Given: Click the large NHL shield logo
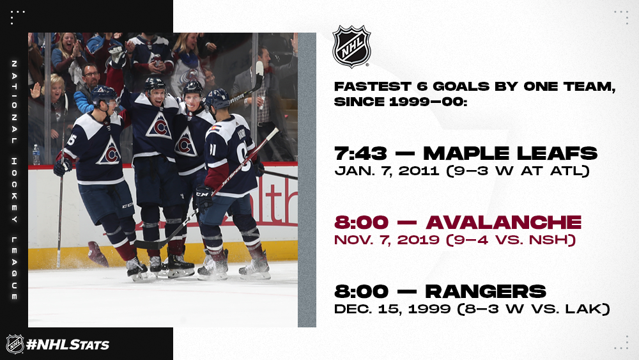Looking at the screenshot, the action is [x=351, y=46].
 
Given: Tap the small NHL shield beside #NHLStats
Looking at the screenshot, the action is [x=15, y=343].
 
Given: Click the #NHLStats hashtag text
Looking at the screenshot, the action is [x=68, y=345].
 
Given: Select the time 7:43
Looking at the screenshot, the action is [x=360, y=153].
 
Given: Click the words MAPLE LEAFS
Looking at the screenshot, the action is [x=510, y=153].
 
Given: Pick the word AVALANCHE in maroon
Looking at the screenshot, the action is [x=504, y=223].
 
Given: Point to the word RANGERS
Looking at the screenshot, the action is [x=486, y=292].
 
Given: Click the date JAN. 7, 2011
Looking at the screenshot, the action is [x=387, y=171].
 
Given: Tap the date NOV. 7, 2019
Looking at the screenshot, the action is [x=387, y=240].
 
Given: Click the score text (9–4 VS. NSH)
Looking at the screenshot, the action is [x=511, y=240].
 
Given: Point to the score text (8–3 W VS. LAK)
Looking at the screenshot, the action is [x=534, y=309].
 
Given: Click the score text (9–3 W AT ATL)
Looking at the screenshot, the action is [x=518, y=171].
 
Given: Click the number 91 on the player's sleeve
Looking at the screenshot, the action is [x=212, y=149].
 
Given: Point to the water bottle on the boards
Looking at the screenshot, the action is [x=36, y=155].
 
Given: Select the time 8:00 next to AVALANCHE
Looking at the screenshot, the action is [x=361, y=223].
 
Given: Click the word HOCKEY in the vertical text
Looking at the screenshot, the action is [x=14, y=191].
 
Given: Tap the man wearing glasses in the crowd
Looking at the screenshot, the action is [x=88, y=88].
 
